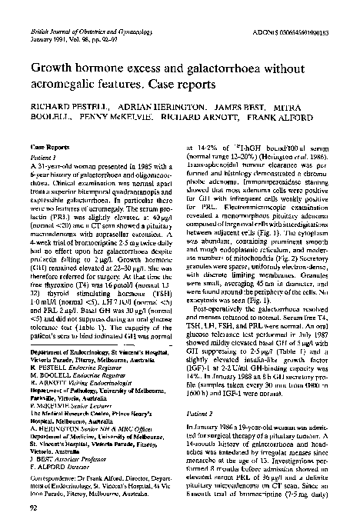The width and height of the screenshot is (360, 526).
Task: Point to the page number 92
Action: point(32,508)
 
